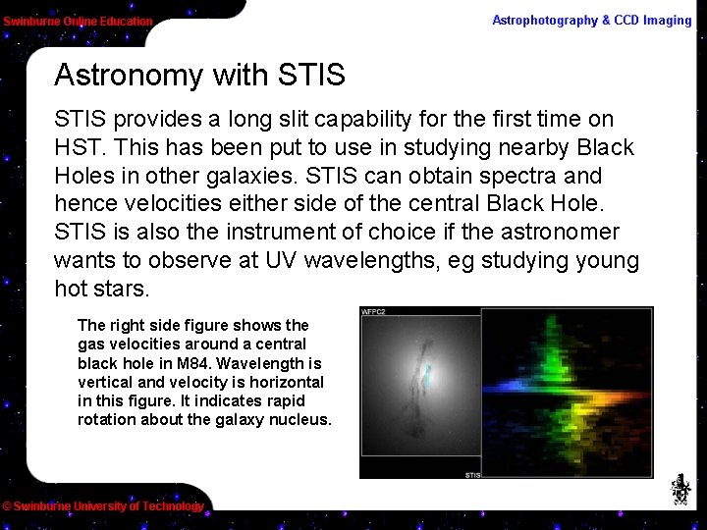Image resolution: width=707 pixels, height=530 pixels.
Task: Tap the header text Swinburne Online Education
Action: pyautogui.click(x=78, y=21)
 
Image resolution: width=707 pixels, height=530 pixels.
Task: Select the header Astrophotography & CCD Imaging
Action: pyautogui.click(x=591, y=21)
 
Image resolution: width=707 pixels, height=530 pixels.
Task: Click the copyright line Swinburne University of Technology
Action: pyautogui.click(x=103, y=506)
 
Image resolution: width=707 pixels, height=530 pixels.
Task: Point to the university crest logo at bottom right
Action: pyautogui.click(x=680, y=489)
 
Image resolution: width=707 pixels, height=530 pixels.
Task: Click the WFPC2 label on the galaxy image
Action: pyautogui.click(x=374, y=312)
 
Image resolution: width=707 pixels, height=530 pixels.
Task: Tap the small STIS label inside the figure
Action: pyautogui.click(x=471, y=475)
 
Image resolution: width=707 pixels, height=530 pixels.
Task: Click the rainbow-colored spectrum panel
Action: pyautogui.click(x=567, y=393)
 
